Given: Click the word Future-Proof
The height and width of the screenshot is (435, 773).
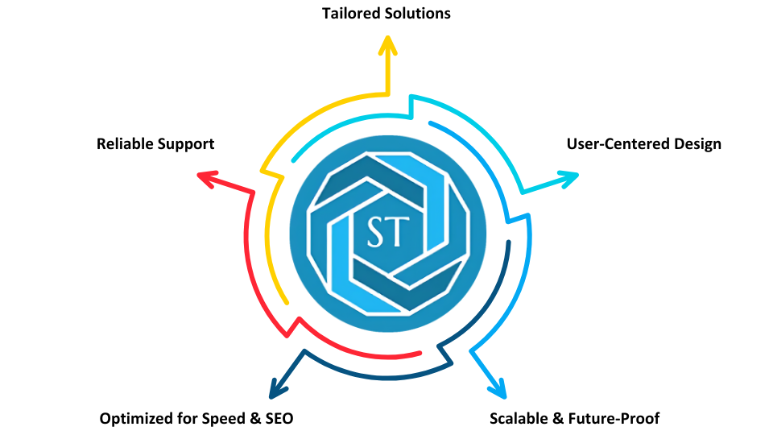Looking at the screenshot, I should [616, 419].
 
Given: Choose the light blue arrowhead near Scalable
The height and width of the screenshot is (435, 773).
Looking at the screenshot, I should [499, 390].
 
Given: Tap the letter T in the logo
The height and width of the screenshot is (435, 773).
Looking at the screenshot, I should [399, 232].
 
